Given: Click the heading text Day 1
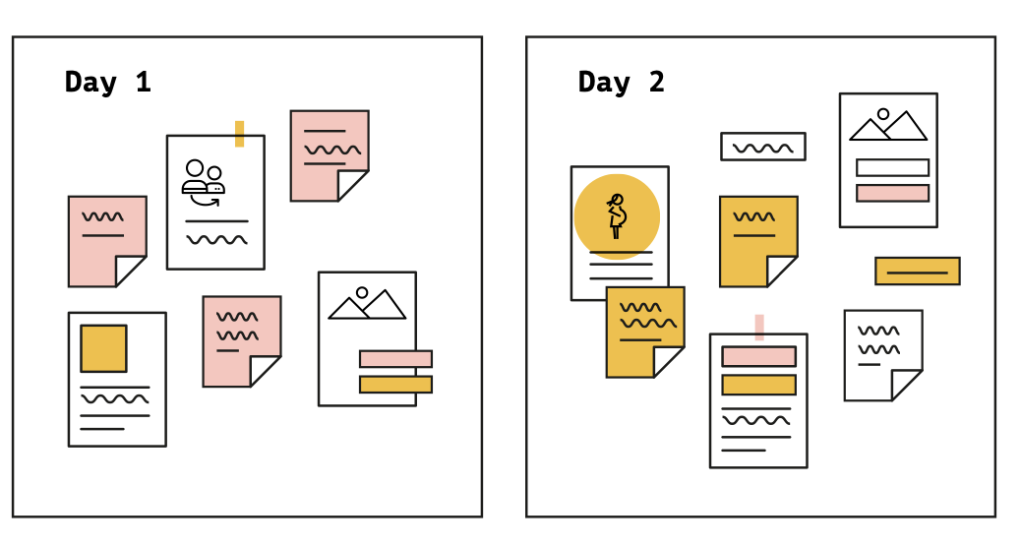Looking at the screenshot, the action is point(108,83).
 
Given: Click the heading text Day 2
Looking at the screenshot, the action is point(622,83).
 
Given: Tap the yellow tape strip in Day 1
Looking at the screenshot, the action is point(240,134).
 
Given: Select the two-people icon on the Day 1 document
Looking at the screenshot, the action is point(204,182).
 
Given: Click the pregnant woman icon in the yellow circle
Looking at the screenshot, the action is point(617,216).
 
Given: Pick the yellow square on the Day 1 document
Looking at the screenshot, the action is point(103,348).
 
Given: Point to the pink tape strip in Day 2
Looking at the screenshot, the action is point(759,328).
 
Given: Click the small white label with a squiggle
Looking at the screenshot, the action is point(763,147).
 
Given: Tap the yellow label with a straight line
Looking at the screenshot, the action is point(918,271).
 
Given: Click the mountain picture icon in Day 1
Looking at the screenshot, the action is point(367,303).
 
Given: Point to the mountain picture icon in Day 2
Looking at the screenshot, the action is point(888,125).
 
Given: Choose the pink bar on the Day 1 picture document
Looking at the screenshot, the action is point(395,359).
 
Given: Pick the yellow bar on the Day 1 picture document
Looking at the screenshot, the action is point(395,385).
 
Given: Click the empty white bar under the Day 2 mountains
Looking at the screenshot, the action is point(893,167).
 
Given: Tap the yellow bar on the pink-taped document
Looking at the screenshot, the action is point(759,385).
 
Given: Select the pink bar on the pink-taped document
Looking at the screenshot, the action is point(759,356).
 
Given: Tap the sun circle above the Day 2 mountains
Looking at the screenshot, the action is point(883,114).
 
